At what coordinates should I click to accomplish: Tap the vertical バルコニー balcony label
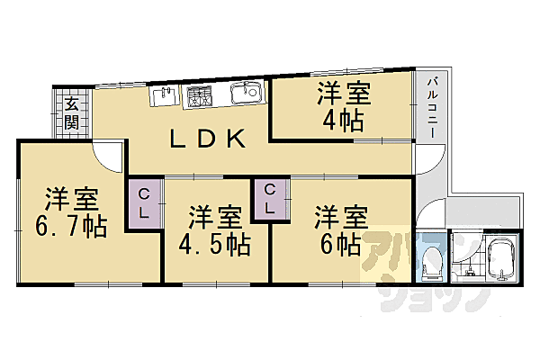(431, 106)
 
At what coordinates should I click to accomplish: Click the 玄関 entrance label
(71, 112)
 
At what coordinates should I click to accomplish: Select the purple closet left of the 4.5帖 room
(144, 202)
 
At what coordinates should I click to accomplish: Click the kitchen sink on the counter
(244, 92)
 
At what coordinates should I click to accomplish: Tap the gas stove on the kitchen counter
(199, 96)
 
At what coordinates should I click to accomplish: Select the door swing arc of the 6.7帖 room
(110, 156)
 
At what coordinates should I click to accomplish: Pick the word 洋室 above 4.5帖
(214, 217)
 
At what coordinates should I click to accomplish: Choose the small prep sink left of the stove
(164, 94)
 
